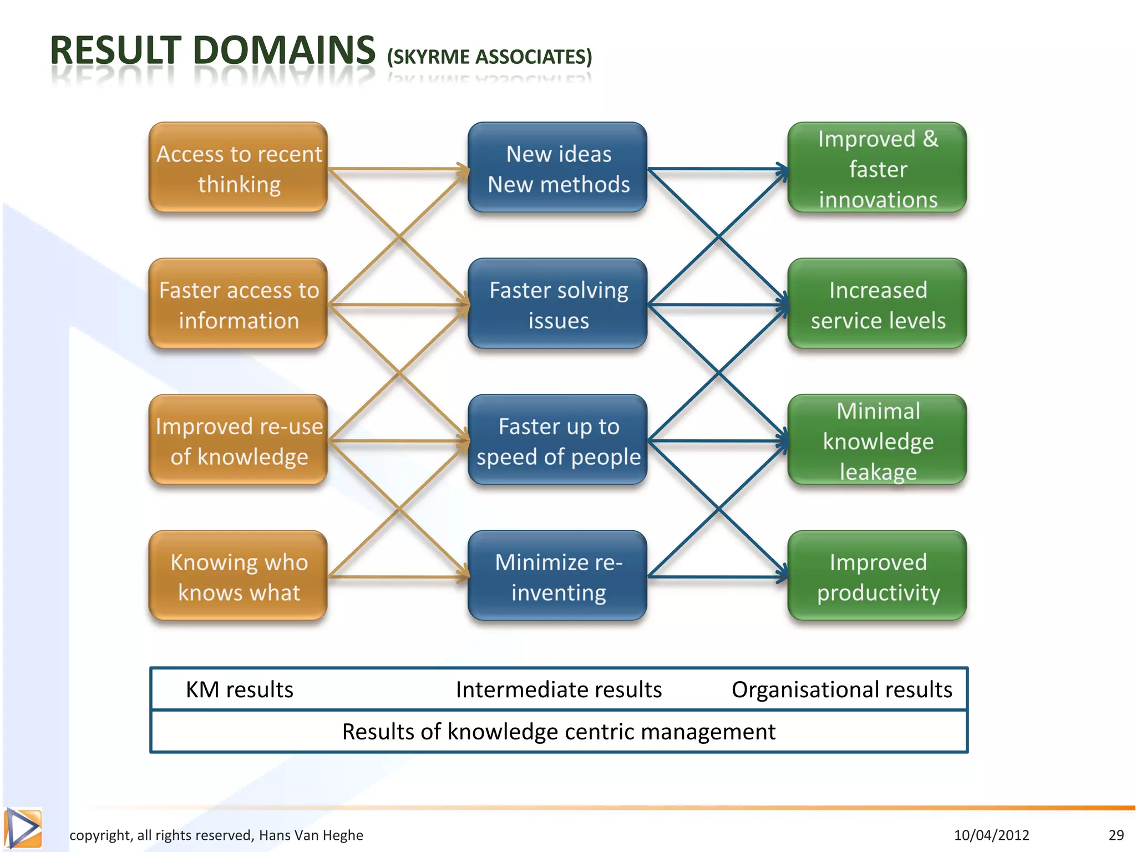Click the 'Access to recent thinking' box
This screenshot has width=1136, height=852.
coord(239,168)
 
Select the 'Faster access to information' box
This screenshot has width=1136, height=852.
coord(239,304)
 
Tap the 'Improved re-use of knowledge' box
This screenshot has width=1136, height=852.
coord(239,440)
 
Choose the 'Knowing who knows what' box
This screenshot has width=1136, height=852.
coord(239,576)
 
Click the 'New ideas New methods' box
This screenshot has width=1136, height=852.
coord(557,168)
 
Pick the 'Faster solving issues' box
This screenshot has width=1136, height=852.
coord(557,304)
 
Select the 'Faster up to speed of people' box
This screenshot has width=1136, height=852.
coord(557,440)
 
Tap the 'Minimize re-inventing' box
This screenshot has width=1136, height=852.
coord(557,576)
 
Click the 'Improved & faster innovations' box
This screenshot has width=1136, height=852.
coord(878,168)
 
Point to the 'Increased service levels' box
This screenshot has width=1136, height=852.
coord(878,304)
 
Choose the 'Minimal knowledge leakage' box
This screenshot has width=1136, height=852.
coord(878,440)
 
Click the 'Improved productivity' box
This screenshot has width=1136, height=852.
coord(878,576)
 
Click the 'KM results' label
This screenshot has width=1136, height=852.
coord(239,689)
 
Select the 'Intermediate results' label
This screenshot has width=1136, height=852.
coord(559,689)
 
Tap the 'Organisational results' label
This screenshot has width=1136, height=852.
coord(841,689)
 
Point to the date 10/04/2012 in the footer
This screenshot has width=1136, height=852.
coord(991,835)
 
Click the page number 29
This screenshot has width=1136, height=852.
coord(1116,835)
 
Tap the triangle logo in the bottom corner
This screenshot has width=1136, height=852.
coord(23,829)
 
